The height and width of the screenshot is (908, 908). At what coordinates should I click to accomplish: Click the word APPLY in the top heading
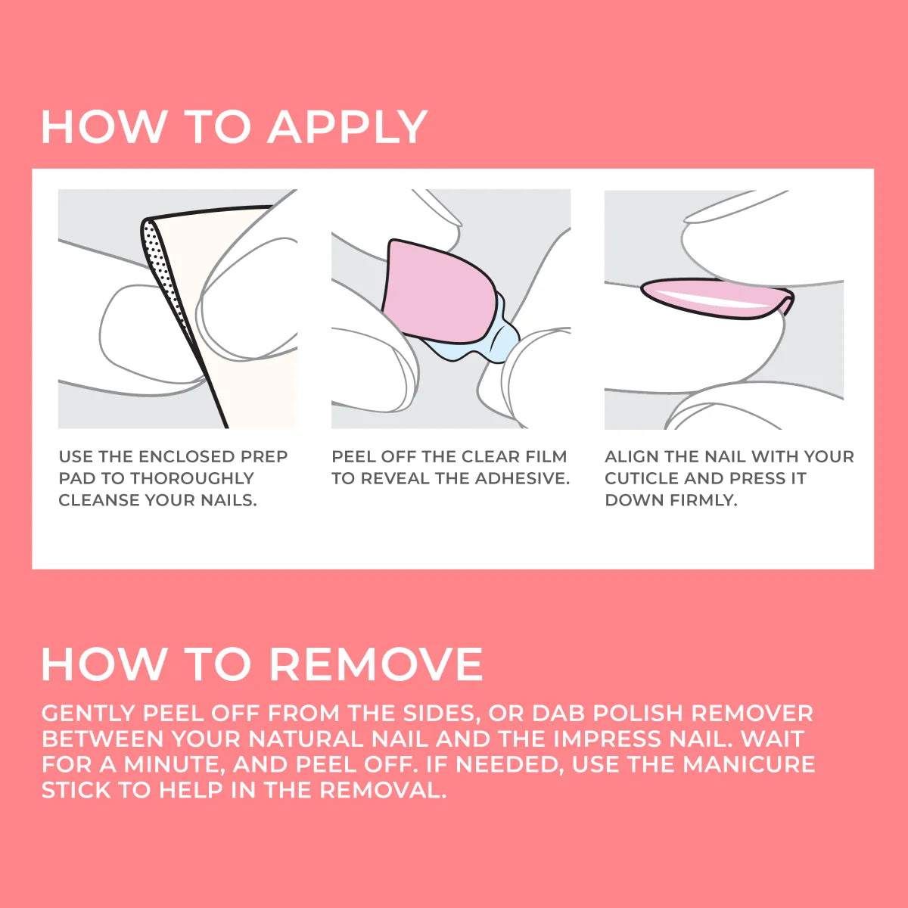[347, 126]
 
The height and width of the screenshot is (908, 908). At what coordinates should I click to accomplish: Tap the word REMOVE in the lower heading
[375, 664]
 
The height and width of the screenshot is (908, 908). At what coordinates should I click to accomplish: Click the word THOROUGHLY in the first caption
[192, 478]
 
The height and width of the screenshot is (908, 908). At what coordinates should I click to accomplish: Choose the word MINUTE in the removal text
[173, 764]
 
